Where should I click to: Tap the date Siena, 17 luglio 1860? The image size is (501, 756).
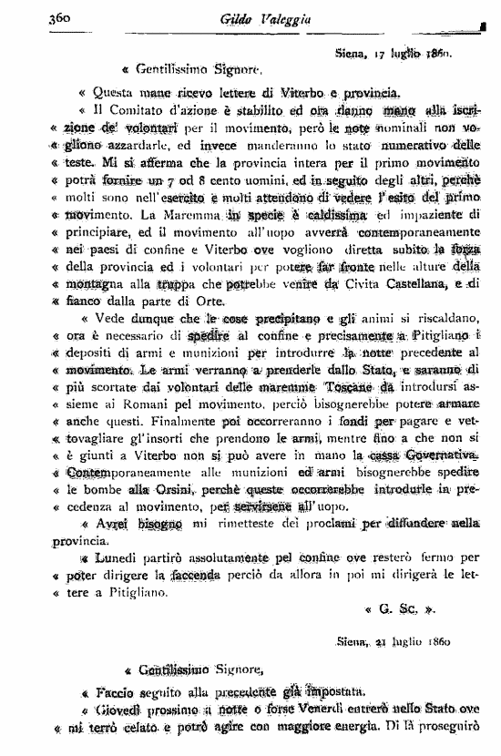point(394,54)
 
